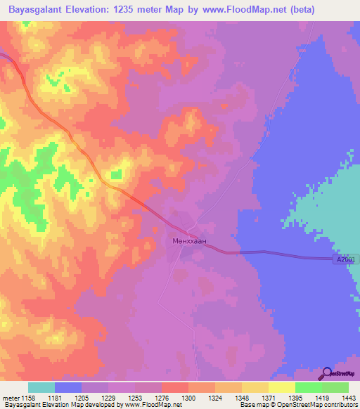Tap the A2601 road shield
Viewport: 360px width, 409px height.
point(345,260)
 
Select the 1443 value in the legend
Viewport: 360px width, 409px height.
point(349,398)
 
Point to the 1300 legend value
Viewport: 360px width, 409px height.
point(188,398)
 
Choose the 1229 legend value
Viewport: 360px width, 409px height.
point(108,398)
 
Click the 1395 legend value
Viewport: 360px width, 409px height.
point(295,398)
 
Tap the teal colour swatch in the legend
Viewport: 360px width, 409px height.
point(41,387)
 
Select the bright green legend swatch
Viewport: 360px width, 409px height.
point(309,387)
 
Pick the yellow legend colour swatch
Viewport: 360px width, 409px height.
point(282,387)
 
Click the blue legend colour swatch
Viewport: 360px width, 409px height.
point(68,387)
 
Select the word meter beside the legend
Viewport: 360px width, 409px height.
point(11,398)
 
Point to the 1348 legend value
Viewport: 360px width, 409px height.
point(242,398)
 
